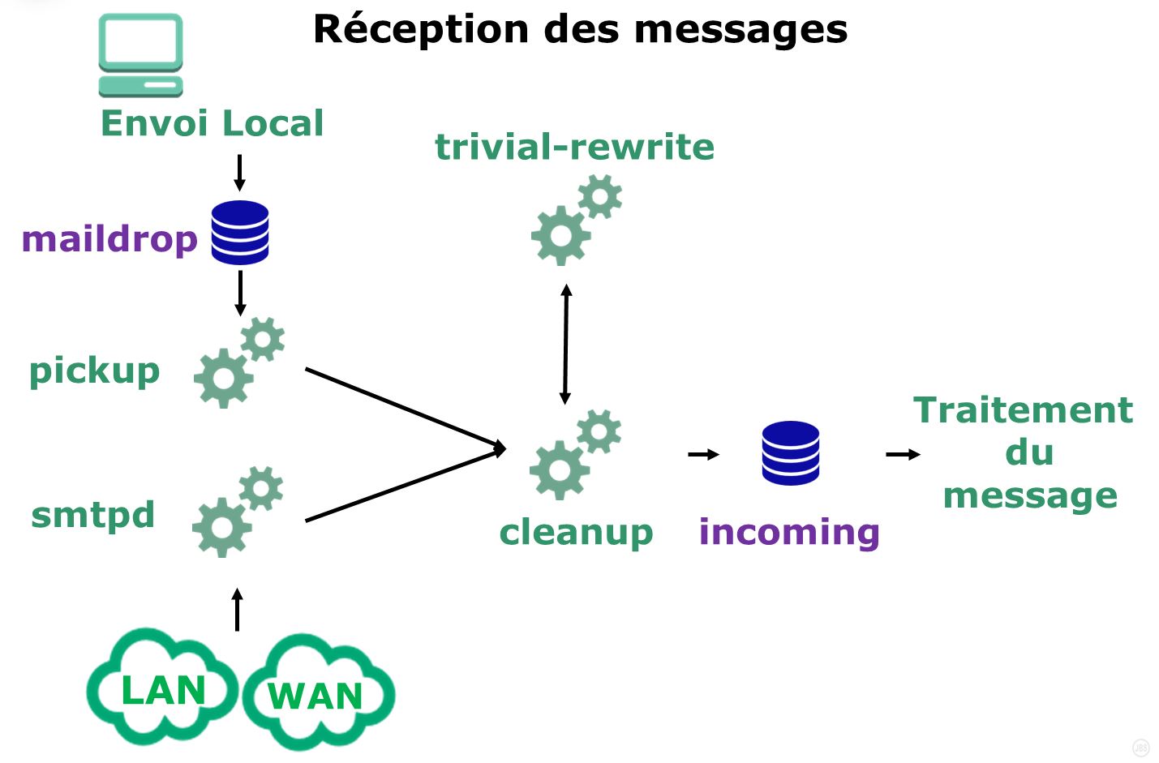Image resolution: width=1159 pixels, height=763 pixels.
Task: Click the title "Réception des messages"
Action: (580, 29)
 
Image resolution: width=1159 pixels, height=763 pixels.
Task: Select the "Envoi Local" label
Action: (212, 123)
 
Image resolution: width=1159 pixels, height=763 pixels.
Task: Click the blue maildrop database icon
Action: (240, 233)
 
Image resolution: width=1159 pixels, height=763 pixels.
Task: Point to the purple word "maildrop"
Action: (109, 239)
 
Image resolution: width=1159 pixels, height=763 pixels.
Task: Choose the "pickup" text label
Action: (94, 371)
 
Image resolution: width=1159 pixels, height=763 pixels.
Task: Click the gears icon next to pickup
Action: (239, 362)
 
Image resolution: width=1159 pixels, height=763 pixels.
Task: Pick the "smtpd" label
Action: (92, 515)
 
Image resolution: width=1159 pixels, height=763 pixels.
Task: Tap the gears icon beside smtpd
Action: (238, 512)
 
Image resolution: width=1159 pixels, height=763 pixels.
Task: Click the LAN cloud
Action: (161, 688)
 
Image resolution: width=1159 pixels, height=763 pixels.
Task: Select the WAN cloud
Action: (317, 694)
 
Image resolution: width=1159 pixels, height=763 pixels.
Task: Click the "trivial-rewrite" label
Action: (574, 147)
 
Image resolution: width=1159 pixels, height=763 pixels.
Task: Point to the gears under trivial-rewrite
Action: (576, 222)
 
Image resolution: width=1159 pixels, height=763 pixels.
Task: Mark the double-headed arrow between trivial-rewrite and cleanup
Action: (565, 344)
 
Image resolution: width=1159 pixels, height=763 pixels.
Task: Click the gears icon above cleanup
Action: (575, 454)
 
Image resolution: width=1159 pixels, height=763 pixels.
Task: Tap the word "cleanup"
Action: (576, 533)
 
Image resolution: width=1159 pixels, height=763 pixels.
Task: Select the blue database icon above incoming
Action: (791, 453)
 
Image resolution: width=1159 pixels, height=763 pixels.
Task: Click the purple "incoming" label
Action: (789, 532)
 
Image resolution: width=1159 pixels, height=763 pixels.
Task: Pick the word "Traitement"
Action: (1023, 410)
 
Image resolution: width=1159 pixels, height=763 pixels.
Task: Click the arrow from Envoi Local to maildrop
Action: (239, 172)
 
